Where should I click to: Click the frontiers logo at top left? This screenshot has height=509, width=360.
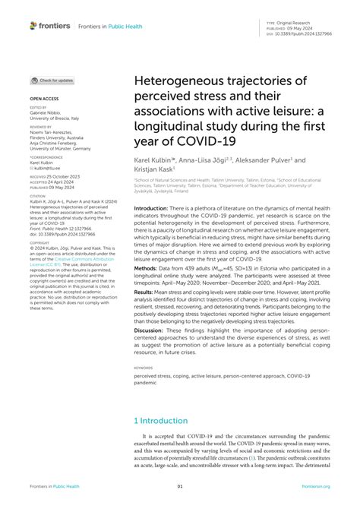point(50,26)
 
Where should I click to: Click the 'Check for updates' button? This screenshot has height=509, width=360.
point(53,81)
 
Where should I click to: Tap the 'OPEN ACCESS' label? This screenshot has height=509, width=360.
point(44,100)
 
